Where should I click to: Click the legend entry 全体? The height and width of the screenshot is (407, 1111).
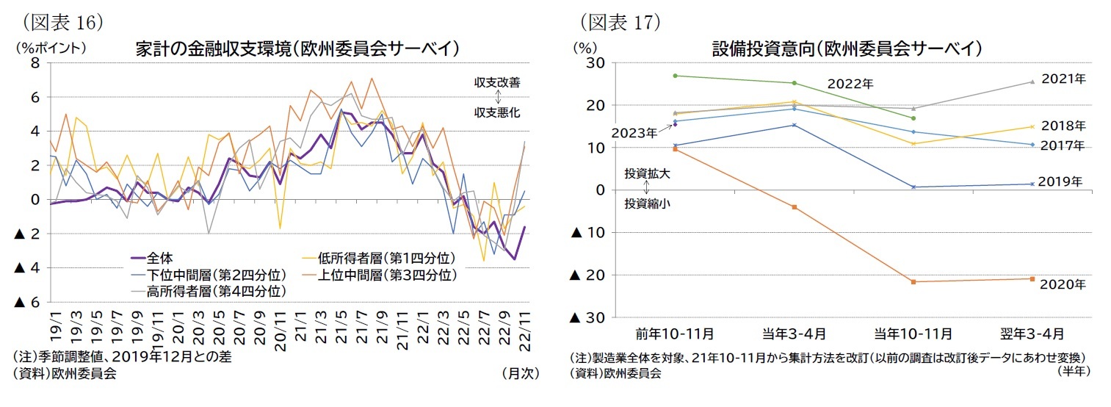pyautogui.click(x=159, y=259)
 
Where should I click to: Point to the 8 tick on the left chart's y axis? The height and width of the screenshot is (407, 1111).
pyautogui.click(x=35, y=63)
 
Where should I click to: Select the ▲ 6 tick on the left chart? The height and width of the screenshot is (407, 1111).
pyautogui.click(x=27, y=302)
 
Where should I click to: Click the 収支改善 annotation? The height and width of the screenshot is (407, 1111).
pyautogui.click(x=497, y=82)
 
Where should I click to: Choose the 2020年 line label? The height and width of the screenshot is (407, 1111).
pyautogui.click(x=1062, y=284)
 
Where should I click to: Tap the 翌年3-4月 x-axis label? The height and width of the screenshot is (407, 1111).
pyautogui.click(x=1032, y=334)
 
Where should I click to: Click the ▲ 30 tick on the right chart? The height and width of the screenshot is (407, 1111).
pyautogui.click(x=587, y=317)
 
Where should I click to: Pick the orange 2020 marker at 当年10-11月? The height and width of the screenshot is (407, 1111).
pyautogui.click(x=913, y=281)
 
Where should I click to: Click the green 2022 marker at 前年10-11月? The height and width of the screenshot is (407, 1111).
pyautogui.click(x=675, y=76)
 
